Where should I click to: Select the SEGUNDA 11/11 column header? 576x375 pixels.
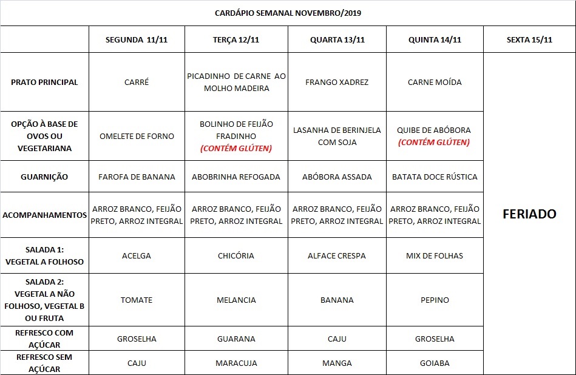(x=137, y=40)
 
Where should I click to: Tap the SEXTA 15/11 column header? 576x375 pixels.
(x=529, y=40)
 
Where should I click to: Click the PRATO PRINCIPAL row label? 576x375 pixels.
(x=44, y=82)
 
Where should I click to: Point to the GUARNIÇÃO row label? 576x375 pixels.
(x=44, y=177)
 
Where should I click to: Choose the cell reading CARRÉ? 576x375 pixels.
(x=137, y=82)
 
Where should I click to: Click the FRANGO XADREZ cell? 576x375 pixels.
(x=337, y=82)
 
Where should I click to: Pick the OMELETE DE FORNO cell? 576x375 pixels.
(x=137, y=136)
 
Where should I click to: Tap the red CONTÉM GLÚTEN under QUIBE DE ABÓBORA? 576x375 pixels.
(x=434, y=143)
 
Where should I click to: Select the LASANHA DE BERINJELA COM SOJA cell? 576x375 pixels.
(x=337, y=136)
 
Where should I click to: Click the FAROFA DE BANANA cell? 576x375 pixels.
(x=137, y=177)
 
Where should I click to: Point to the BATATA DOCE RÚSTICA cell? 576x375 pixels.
(x=435, y=177)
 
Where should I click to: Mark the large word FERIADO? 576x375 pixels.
(x=529, y=214)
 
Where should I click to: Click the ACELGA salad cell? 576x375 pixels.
(x=137, y=255)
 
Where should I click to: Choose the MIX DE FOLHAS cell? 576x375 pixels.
(x=435, y=255)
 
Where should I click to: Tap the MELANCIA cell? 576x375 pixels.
(x=236, y=300)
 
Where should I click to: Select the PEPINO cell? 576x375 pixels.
(x=435, y=300)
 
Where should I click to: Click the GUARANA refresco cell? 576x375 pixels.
(x=236, y=339)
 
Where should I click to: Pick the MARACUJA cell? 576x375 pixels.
(x=236, y=363)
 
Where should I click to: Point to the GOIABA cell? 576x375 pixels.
(x=435, y=363)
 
